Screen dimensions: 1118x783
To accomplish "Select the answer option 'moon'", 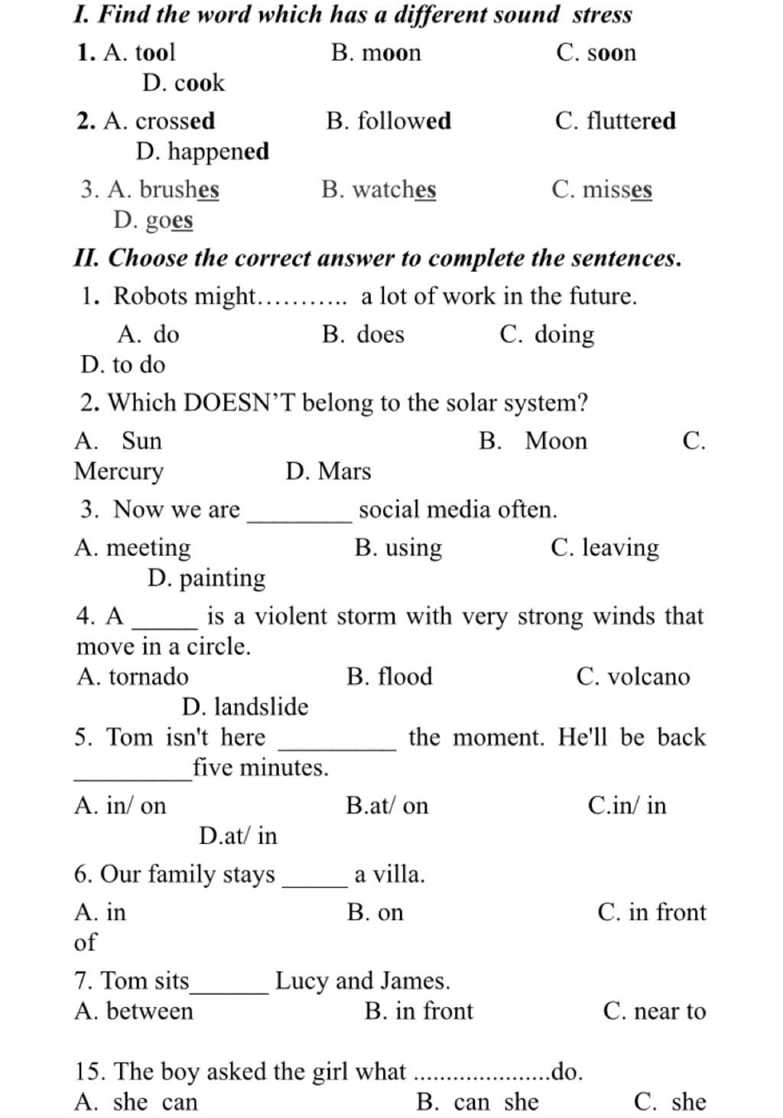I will pos(391,53).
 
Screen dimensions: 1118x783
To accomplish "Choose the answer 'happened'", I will pos(218,152).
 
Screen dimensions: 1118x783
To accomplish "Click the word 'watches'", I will pos(394,190).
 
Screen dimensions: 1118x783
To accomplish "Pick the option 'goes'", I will pos(169,220).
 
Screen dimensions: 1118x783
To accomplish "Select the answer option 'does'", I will pos(380,334).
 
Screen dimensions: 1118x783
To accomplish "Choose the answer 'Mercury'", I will pos(119,471).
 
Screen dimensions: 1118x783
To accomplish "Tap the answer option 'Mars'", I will pos(344,471).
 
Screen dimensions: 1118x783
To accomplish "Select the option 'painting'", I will pos(222,579).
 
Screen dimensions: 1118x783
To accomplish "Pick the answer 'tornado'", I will pos(148,676).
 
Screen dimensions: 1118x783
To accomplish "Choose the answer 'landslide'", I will pos(261,707).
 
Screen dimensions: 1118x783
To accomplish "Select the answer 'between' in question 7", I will pos(150,1011).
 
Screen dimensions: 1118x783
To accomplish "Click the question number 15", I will pos(89,1071).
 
